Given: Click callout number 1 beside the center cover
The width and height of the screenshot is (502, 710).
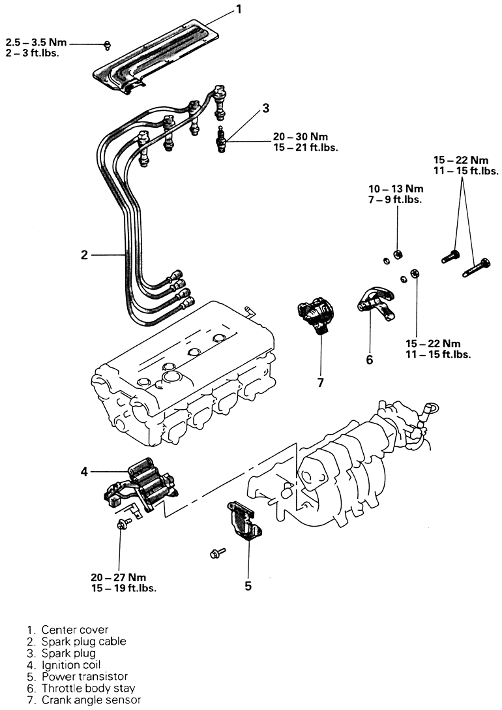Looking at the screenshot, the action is [239, 8].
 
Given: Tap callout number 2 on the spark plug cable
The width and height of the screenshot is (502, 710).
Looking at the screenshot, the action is [84, 255].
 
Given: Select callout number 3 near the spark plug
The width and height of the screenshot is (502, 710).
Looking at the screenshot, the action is [265, 108].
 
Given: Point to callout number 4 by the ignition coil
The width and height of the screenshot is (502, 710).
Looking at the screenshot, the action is [84, 472].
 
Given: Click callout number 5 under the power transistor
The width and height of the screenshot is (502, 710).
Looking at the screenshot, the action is [248, 586].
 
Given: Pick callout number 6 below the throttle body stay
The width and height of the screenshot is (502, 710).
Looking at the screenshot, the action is [370, 360].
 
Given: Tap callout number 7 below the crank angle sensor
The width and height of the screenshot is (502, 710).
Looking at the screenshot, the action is [321, 383].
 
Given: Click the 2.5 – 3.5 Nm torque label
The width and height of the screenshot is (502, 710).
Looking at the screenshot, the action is [36, 42].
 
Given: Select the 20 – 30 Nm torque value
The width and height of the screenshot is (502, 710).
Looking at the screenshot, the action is [301, 137].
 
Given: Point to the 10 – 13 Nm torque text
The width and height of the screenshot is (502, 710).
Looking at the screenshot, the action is [395, 189].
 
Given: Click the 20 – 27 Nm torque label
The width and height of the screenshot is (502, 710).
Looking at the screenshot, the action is [119, 578].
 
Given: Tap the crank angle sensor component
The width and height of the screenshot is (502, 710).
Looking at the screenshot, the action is [316, 315].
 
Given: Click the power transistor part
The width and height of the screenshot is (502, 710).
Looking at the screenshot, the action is [244, 521].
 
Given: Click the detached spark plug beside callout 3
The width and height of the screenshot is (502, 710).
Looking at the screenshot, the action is [221, 139].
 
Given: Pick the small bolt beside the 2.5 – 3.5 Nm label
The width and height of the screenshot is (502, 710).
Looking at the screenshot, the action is [107, 44].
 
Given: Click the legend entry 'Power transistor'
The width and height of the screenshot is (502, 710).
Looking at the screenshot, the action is [85, 677].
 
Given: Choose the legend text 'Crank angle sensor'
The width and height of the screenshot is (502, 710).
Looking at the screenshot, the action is [91, 700].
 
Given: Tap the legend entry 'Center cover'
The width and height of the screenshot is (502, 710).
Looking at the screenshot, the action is [75, 629].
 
